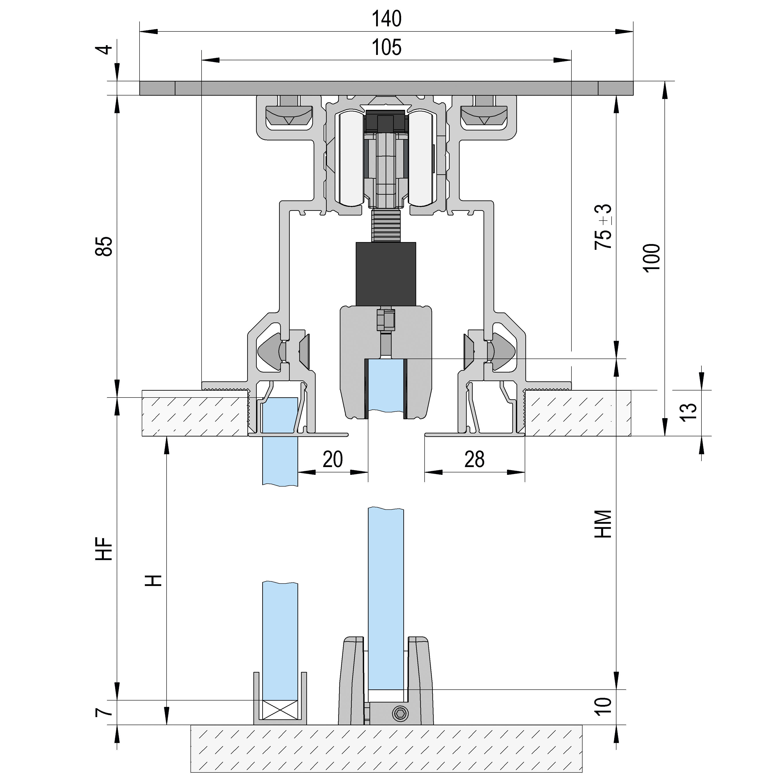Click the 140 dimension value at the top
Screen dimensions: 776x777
tap(386, 19)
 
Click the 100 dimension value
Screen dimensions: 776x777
tap(651, 258)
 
